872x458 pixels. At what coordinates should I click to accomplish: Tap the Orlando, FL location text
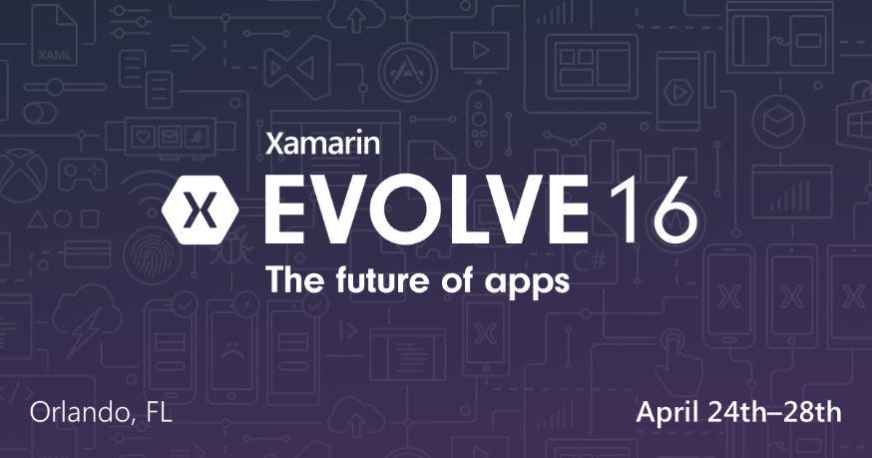(101, 411)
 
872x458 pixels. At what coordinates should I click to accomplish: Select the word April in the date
(669, 411)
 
